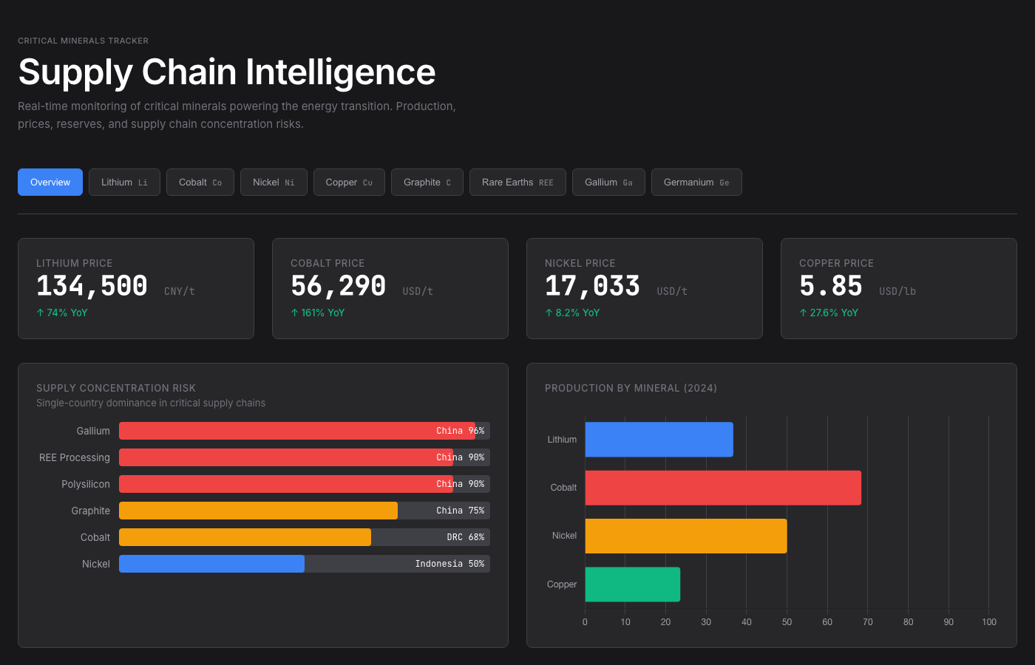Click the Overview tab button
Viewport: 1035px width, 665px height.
(50, 183)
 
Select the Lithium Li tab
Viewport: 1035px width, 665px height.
(124, 183)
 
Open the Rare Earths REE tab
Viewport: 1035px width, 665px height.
(517, 183)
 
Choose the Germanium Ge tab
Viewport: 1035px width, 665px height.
(696, 183)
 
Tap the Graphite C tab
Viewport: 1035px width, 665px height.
(427, 183)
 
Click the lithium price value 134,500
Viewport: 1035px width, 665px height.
(92, 286)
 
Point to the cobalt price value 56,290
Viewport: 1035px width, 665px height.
(339, 286)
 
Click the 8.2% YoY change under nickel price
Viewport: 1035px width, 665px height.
(573, 313)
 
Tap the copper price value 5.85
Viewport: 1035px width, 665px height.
(831, 286)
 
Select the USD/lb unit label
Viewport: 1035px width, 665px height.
(897, 292)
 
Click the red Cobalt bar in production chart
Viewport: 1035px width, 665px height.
(723, 488)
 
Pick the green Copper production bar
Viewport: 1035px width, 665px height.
(632, 584)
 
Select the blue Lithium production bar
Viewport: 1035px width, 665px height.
(659, 440)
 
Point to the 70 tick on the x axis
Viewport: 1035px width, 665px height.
(868, 622)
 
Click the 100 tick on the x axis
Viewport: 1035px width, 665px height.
(989, 622)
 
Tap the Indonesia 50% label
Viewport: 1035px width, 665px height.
(449, 564)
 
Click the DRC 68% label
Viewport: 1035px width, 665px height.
(465, 537)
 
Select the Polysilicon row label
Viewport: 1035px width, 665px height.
(86, 484)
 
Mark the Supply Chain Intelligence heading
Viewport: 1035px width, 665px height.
(227, 72)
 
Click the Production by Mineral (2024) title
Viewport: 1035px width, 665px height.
(631, 388)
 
